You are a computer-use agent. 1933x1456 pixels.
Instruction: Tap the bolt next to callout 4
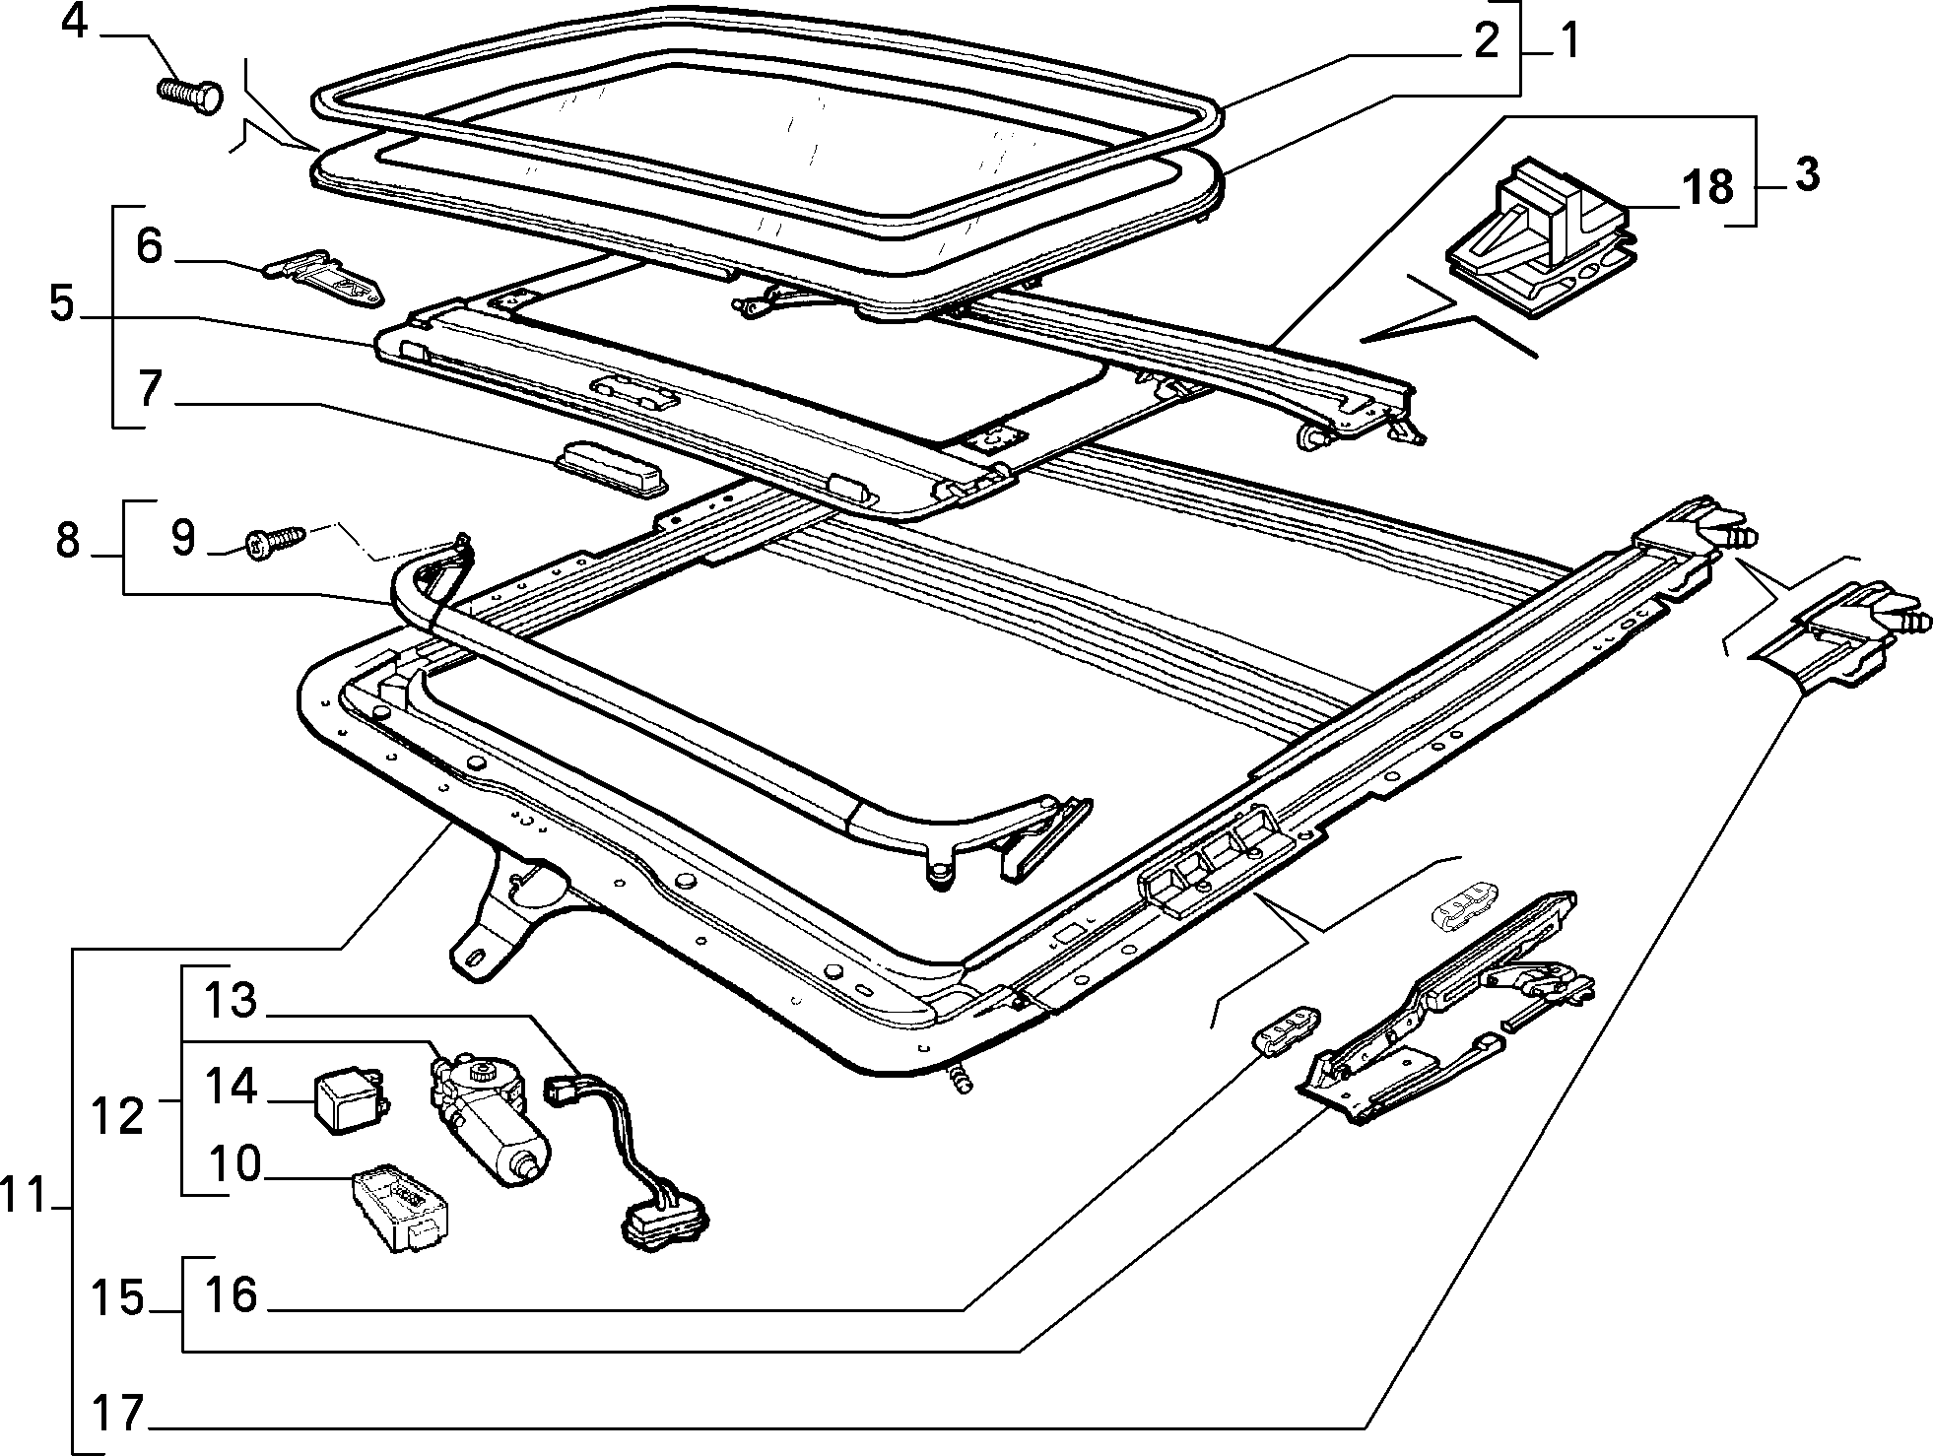click(190, 94)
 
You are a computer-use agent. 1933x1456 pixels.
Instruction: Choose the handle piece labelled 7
click(611, 470)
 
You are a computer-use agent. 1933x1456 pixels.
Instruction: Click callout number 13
click(231, 1001)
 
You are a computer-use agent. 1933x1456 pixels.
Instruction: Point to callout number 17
click(119, 1413)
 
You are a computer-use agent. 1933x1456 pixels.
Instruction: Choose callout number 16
click(231, 1294)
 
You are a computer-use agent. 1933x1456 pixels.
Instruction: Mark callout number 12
click(117, 1117)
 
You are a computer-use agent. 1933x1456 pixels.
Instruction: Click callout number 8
click(67, 540)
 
